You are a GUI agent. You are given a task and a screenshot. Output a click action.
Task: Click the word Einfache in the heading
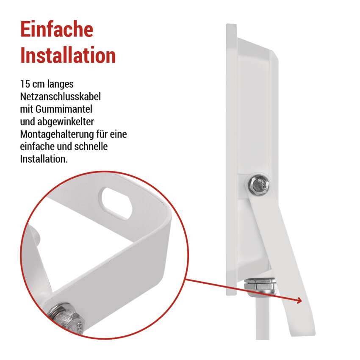[x=57, y=29]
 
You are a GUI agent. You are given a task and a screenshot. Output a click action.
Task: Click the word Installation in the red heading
[x=68, y=55]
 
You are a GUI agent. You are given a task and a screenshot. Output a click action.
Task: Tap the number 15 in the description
[x=25, y=84]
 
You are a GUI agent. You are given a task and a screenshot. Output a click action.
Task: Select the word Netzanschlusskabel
[x=61, y=97]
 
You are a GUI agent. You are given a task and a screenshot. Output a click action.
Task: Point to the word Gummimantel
[x=64, y=109]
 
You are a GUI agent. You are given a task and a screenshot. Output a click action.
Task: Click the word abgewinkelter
[x=65, y=122]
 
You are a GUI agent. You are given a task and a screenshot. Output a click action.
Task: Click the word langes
[x=60, y=84]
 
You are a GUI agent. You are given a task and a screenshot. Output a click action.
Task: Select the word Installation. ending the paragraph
[x=44, y=159]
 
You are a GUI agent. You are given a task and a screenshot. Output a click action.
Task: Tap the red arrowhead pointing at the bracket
[x=299, y=300]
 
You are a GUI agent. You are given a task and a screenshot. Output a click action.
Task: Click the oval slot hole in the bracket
[x=116, y=203]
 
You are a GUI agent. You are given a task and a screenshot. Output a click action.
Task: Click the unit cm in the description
[x=39, y=84]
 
